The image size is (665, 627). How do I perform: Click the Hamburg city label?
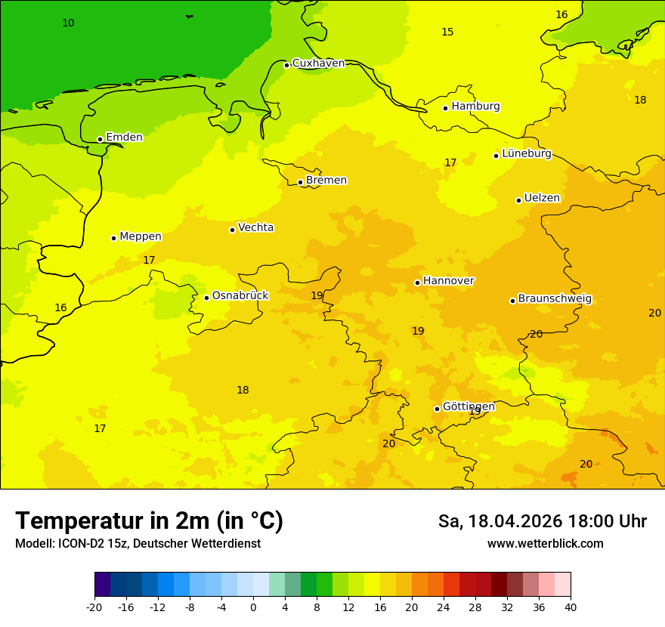(475, 107)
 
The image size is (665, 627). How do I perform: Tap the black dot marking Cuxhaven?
(286, 65)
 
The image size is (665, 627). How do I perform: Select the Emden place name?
(124, 137)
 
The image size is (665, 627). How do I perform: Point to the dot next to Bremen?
(300, 182)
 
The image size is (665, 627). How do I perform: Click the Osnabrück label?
(240, 296)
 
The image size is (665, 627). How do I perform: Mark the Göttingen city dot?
(437, 409)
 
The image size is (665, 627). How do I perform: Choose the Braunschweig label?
(555, 299)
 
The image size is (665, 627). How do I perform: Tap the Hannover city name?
(448, 281)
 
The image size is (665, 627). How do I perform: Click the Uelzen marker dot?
(518, 200)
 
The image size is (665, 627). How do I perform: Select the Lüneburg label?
(527, 154)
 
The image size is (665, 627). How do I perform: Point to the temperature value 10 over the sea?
(68, 23)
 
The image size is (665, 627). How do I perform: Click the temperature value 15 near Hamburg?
(447, 32)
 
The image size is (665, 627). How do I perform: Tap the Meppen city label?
(141, 236)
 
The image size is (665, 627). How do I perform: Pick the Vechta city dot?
(232, 230)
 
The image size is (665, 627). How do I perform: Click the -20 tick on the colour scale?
(94, 607)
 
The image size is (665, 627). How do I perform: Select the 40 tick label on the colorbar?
(571, 607)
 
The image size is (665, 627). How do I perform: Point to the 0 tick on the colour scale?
(253, 607)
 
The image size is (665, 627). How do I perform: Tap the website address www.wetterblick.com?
(545, 544)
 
